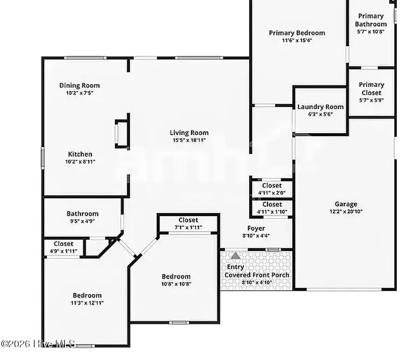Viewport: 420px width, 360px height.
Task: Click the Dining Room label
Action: [79, 85]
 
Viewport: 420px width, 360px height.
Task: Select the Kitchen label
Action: [80, 154]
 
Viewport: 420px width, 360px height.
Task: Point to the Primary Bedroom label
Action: [297, 33]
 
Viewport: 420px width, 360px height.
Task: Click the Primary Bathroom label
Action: [371, 20]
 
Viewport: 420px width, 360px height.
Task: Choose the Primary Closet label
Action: [371, 89]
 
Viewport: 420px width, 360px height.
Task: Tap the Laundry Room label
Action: [321, 107]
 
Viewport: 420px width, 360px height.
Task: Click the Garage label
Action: [346, 204]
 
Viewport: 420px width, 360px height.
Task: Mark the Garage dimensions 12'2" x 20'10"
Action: [346, 211]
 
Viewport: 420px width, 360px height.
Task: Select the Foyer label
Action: [256, 228]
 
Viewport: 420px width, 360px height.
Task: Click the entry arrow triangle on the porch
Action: [236, 256]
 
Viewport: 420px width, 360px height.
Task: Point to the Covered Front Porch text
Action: [257, 275]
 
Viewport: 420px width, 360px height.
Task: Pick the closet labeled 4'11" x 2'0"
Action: [272, 189]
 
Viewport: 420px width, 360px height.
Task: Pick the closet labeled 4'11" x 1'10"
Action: [272, 208]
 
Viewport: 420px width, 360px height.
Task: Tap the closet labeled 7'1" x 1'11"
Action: [188, 223]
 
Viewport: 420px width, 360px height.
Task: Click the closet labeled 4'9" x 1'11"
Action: [63, 247]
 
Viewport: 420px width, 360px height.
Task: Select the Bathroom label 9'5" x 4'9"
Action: [82, 218]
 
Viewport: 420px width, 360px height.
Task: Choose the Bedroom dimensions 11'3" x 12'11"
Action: [87, 303]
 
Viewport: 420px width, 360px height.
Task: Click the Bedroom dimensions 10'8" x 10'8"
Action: [176, 284]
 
